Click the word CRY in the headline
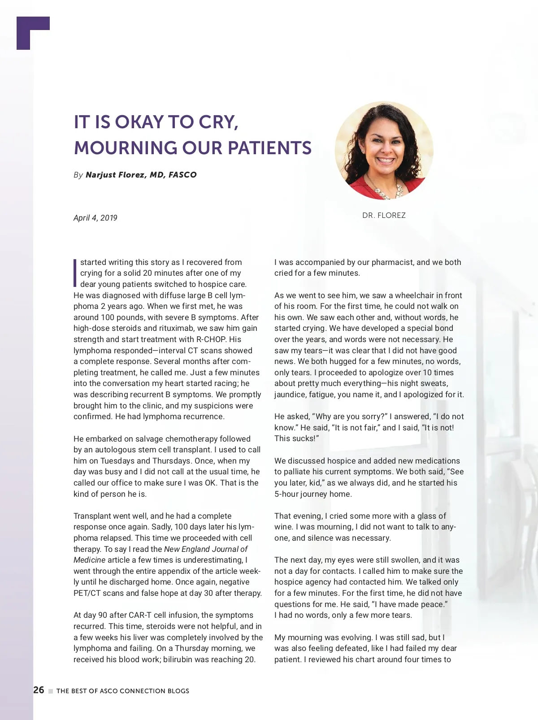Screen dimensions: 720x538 point(217,122)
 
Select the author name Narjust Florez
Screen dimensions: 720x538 point(115,175)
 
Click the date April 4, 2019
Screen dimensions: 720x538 point(95,218)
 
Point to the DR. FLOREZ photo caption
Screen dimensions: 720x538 point(384,215)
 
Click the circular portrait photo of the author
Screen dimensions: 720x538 point(384,150)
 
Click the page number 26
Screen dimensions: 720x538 point(39,690)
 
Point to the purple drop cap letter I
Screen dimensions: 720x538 point(75,272)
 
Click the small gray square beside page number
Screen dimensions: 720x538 point(51,691)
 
